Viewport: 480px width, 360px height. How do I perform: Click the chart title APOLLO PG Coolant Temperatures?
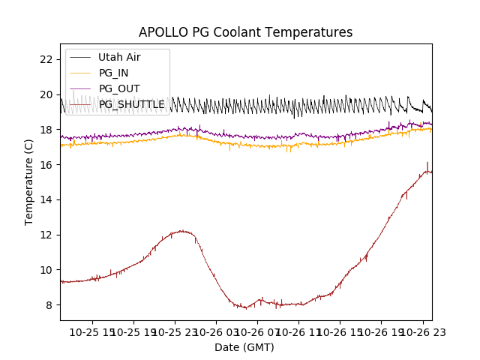tap(245, 33)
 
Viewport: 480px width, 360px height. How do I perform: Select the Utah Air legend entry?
tap(119, 57)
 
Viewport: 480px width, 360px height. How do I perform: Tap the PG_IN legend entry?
tap(113, 73)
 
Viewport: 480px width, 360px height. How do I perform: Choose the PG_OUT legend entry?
tap(119, 88)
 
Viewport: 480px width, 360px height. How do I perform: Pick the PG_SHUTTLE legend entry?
tap(132, 104)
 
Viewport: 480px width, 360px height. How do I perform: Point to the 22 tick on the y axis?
tap(47, 59)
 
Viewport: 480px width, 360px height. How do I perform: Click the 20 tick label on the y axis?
tap(47, 94)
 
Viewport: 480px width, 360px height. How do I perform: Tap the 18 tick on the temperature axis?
tap(47, 130)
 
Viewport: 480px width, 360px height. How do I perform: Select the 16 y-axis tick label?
tap(47, 165)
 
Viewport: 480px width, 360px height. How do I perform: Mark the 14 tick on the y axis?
tap(47, 199)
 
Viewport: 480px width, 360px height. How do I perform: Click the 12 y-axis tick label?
tap(47, 235)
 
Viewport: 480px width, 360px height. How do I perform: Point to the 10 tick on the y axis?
tap(47, 270)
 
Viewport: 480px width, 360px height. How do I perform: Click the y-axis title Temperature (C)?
tap(29, 181)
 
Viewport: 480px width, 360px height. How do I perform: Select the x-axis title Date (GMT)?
tap(244, 347)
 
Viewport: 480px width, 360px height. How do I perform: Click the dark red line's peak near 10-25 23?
tap(181, 231)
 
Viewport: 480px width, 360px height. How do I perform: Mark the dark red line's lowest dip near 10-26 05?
tap(244, 307)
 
